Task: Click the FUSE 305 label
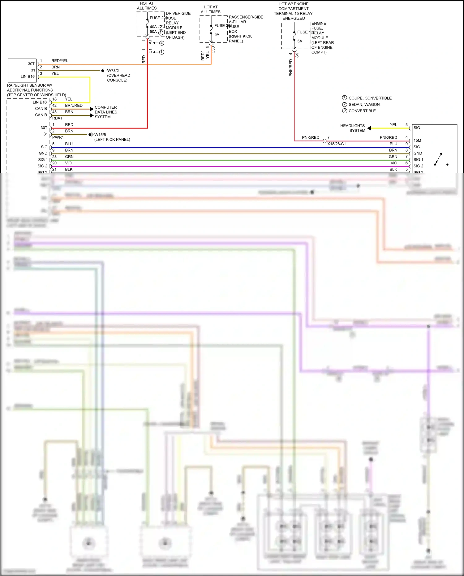pos(223,26)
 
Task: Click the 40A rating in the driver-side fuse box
pos(153,27)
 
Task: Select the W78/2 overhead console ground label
pos(113,71)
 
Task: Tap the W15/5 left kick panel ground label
pos(100,135)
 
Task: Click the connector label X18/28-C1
pos(337,144)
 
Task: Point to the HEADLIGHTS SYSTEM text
pos(353,128)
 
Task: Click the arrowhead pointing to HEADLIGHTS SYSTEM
pos(369,128)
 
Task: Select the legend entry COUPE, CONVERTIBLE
pos(370,98)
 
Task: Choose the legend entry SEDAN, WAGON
pos(364,105)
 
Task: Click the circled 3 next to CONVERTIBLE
pos(345,111)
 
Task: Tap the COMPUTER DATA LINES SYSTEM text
pos(106,112)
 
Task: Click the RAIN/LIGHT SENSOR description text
pos(37,90)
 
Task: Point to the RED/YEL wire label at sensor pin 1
pos(60,61)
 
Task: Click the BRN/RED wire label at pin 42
pos(74,106)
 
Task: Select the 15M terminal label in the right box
pos(417,141)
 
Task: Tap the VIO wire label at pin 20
pos(68,163)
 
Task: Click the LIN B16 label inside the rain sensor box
pos(28,76)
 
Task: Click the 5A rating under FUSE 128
pos(300,41)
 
